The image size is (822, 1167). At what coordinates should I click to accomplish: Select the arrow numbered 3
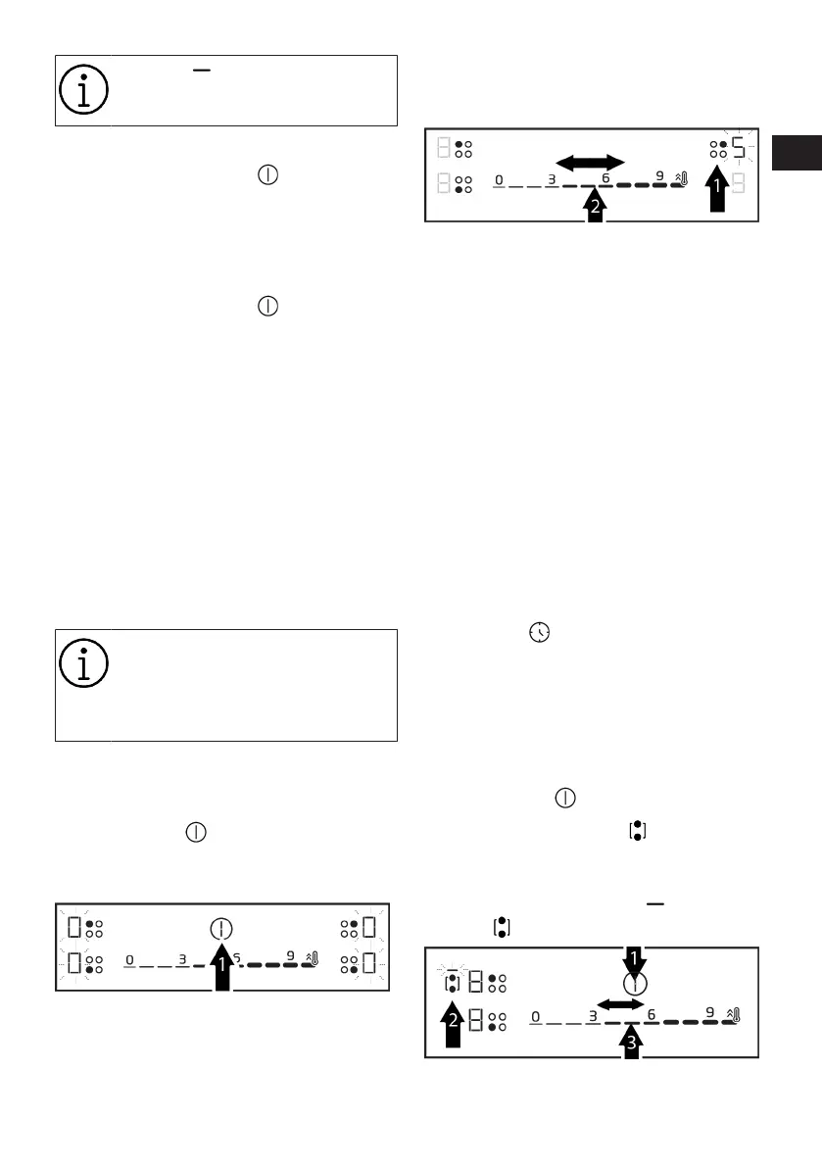pyautogui.click(x=632, y=1041)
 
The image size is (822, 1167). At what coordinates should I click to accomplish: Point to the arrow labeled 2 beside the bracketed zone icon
pyautogui.click(x=452, y=1028)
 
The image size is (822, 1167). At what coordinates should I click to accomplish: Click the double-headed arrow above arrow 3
pyautogui.click(x=620, y=1005)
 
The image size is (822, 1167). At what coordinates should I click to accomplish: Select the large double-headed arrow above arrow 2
pyautogui.click(x=590, y=162)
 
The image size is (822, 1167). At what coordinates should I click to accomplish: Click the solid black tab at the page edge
pyautogui.click(x=796, y=152)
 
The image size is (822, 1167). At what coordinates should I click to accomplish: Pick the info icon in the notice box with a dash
pyautogui.click(x=82, y=90)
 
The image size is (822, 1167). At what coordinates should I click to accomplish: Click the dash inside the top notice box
pyautogui.click(x=203, y=70)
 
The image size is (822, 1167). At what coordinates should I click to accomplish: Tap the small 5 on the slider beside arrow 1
pyautogui.click(x=237, y=957)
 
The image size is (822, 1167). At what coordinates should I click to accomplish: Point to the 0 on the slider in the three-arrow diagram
pyautogui.click(x=535, y=1016)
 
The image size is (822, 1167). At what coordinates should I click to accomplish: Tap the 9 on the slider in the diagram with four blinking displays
pyautogui.click(x=290, y=956)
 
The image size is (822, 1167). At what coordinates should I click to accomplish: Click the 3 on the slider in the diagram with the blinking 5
pyautogui.click(x=552, y=179)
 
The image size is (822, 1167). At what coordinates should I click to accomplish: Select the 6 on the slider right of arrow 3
pyautogui.click(x=652, y=1015)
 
